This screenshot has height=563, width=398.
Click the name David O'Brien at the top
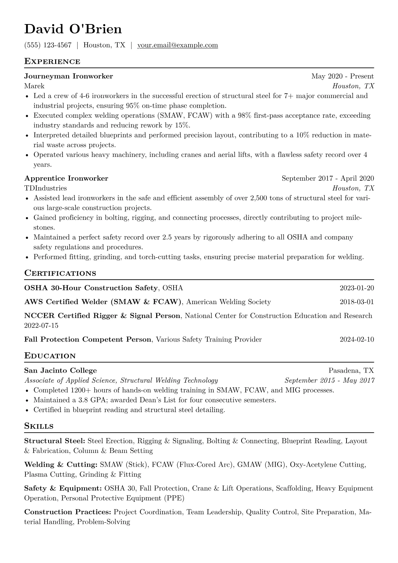73,29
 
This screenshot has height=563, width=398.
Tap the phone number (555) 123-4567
48,45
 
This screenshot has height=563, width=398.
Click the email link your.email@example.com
177,45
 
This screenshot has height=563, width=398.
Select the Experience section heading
52,62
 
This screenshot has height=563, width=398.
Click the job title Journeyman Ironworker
69,76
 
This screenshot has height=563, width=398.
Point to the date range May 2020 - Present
342,76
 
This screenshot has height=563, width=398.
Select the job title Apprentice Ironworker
66,178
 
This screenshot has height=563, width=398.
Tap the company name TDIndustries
45,188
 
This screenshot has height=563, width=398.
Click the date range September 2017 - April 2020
328,178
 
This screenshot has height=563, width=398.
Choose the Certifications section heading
60,273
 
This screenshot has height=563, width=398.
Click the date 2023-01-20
357,288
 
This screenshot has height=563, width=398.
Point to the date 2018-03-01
357,302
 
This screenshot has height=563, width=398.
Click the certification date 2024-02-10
357,340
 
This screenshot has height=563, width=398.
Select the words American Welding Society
228,302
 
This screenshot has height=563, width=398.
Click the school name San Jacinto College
61,371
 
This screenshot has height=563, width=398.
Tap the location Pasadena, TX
351,371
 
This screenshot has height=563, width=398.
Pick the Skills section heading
39,426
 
